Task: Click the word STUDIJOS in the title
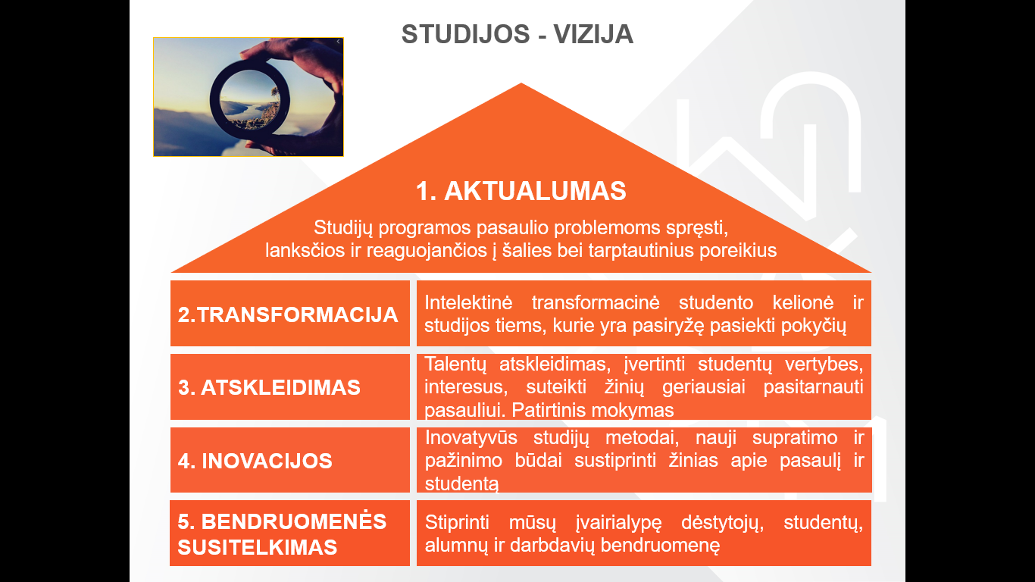[x=465, y=34]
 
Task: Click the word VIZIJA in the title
[x=593, y=34]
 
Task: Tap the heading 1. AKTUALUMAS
[x=521, y=191]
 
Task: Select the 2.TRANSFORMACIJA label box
[x=289, y=313]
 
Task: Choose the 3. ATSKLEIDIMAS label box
[x=289, y=386]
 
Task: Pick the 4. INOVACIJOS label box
[x=289, y=459]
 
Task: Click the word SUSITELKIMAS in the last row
[x=258, y=547]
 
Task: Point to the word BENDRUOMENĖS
[x=294, y=521]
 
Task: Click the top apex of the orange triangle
[x=521, y=83]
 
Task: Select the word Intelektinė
[x=468, y=302]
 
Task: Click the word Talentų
[x=455, y=365]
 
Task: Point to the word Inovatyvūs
[x=471, y=437]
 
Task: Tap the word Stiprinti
[x=457, y=523]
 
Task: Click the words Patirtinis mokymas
[x=593, y=410]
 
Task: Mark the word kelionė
[x=803, y=302]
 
